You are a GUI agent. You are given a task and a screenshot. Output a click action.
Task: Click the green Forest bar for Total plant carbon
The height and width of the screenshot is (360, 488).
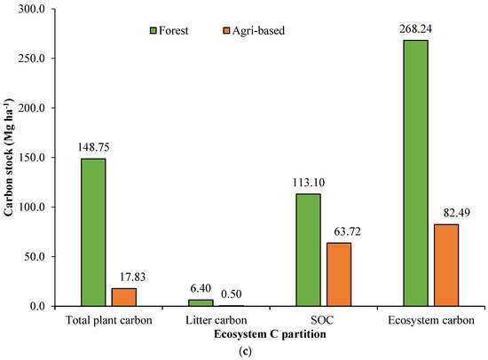tap(93, 232)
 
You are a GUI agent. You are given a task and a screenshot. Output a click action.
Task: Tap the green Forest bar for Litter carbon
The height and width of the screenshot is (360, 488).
tap(201, 302)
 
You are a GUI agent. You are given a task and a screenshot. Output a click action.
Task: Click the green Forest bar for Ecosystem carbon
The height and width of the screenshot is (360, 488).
tap(415, 173)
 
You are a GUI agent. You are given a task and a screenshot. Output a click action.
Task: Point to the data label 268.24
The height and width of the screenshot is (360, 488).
tap(415, 29)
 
